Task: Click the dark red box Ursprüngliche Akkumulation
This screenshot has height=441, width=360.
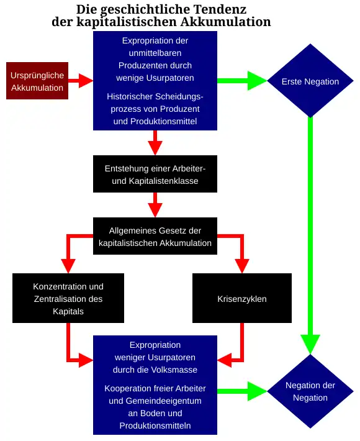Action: pos(37,81)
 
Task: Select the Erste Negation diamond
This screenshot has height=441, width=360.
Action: pos(310,81)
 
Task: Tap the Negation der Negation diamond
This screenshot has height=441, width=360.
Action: pos(310,391)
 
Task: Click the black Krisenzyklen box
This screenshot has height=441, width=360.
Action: pos(241,299)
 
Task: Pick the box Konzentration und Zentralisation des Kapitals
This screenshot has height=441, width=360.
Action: pos(68,299)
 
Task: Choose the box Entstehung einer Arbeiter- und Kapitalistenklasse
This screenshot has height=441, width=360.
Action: pos(155,174)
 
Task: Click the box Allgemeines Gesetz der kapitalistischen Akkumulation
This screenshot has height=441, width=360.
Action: pos(155,237)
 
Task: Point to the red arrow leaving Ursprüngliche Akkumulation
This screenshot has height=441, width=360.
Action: pos(80,81)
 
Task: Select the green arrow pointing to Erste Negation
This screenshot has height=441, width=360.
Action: pos(242,81)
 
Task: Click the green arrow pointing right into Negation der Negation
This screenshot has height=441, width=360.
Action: pos(242,391)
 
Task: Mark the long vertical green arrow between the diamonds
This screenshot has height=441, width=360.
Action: pos(310,236)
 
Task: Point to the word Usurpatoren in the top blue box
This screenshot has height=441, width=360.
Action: pos(167,78)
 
